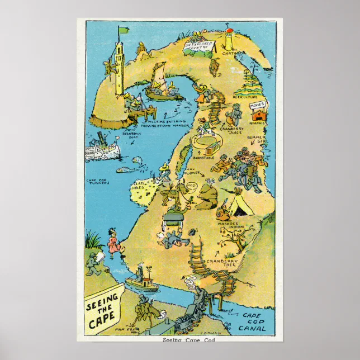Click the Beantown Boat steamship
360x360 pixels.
click(x=102, y=148)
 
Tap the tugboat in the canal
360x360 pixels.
click(x=141, y=280)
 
